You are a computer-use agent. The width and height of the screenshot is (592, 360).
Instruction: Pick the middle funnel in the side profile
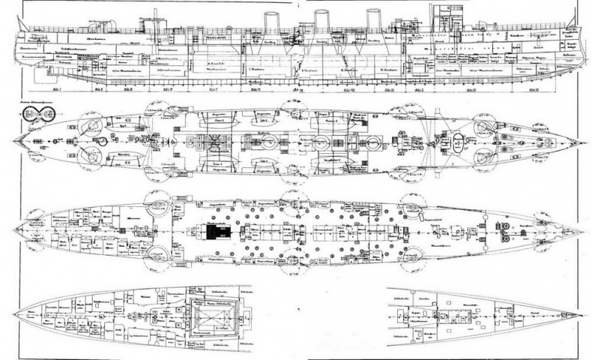321,24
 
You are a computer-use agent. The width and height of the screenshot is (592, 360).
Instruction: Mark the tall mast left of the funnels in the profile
155,22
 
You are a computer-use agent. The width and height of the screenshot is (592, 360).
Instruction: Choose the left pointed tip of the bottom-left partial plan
22,315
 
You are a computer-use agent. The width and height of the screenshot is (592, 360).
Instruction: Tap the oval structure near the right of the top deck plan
453,142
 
